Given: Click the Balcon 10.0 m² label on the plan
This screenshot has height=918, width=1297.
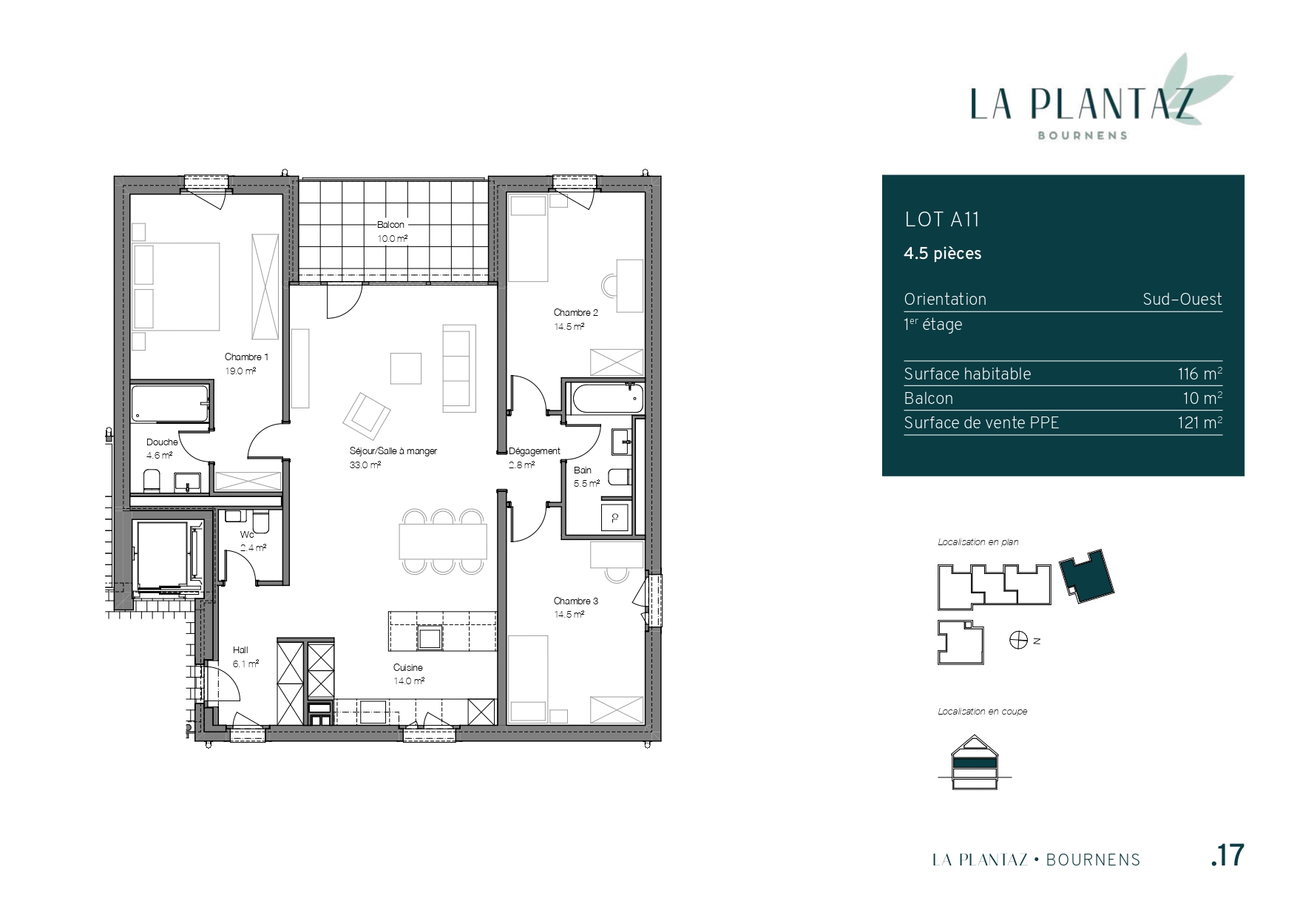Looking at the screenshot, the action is [392, 232].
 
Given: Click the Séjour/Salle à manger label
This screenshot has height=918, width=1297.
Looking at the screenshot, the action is [393, 450].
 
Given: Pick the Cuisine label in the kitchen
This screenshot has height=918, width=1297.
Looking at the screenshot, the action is [408, 668].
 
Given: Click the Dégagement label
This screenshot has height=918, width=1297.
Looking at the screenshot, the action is [535, 450].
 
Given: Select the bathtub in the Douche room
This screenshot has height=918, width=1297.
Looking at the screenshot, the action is [170, 404].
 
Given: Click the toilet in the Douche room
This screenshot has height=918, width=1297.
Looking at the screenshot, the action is [152, 481].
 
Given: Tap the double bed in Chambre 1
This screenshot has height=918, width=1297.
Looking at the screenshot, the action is [176, 286].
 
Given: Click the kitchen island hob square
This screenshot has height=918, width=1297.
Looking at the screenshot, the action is [430, 637].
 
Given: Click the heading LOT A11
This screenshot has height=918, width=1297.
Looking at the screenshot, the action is [942, 220].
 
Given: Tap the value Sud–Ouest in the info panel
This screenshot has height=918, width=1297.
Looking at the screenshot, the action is [1182, 300].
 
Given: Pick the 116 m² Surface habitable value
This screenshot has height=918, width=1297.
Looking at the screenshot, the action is [1199, 374].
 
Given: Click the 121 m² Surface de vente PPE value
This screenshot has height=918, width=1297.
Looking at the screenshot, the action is [1200, 422].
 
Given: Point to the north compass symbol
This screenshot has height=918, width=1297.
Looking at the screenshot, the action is [1019, 641].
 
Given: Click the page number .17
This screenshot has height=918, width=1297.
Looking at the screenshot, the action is [1228, 855].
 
